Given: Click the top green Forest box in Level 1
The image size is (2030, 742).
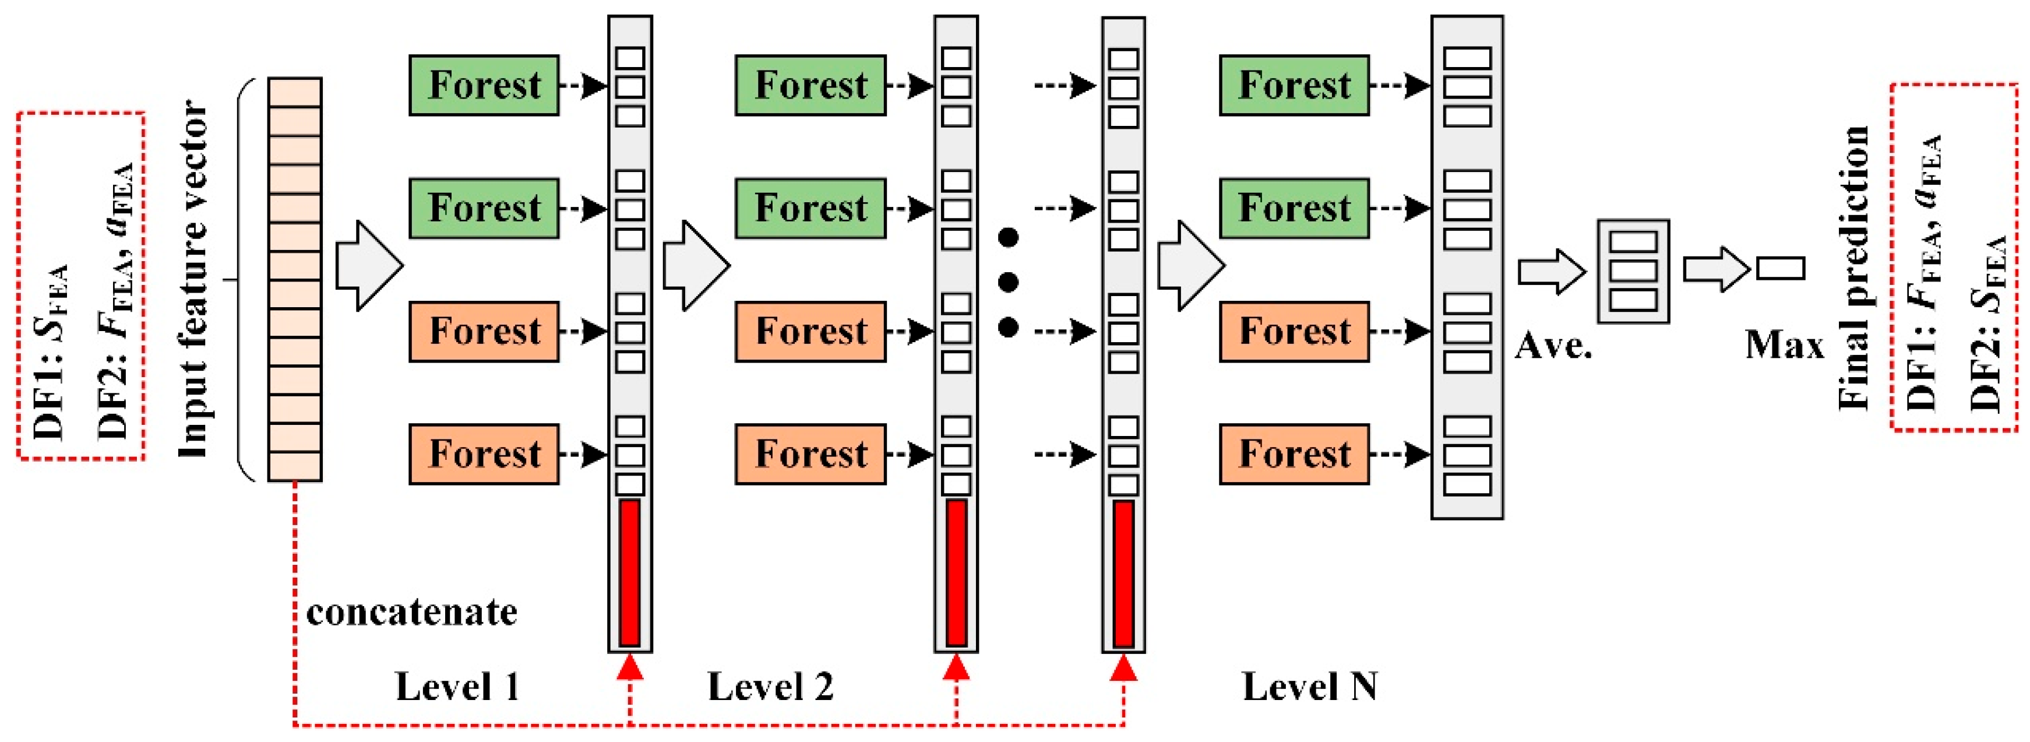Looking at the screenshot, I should tap(484, 85).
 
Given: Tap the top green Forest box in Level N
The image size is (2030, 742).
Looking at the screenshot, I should tap(1294, 85).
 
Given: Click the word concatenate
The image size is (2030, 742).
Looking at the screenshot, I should tap(411, 613).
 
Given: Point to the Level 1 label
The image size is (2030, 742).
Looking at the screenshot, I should tap(457, 687).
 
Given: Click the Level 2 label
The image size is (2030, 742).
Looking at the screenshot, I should tap(770, 687).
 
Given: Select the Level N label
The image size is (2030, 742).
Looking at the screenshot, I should tap(1310, 687).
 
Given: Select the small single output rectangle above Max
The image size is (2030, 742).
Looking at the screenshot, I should tap(1781, 268).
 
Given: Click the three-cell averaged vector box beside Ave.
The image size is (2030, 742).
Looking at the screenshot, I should tap(1633, 271).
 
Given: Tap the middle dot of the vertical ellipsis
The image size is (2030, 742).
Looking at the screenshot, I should tap(1008, 282).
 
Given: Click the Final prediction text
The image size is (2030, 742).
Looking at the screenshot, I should tap(1853, 268).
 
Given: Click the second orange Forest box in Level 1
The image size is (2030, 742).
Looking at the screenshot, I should tap(484, 454).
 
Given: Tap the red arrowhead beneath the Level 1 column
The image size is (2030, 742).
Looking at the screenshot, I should tap(630, 667).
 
